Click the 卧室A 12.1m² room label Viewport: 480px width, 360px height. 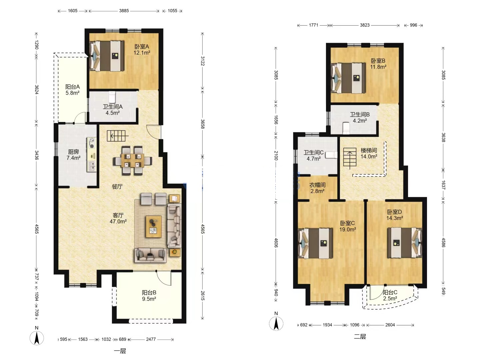(142, 49)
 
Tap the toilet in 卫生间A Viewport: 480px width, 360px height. (112, 97)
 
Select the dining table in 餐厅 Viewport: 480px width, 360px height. (133, 161)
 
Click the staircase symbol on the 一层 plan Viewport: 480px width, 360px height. (117, 136)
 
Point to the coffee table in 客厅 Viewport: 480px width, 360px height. (154, 226)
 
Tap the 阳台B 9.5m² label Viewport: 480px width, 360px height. (149, 296)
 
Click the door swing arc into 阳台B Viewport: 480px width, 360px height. (164, 278)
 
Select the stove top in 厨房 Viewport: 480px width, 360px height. (92, 143)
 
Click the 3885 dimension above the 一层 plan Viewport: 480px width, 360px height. (124, 11)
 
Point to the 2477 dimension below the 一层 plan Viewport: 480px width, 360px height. (151, 339)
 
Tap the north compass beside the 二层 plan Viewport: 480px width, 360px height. (276, 323)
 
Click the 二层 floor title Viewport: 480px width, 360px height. (360, 336)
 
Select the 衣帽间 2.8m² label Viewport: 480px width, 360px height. (317, 188)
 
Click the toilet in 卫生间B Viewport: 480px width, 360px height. (346, 128)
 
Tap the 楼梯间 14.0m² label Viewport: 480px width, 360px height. (369, 153)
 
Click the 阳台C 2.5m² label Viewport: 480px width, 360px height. (390, 295)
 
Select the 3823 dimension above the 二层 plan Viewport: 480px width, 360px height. (365, 25)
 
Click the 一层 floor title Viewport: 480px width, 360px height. (120, 351)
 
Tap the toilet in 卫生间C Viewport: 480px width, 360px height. (331, 155)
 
